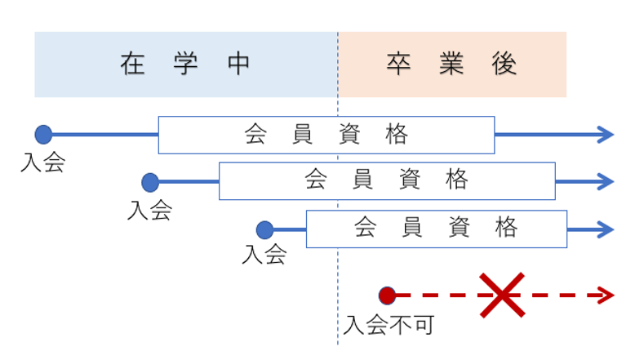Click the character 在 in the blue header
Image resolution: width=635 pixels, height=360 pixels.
pos(131,64)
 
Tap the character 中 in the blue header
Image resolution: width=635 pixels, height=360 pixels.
pos(239,64)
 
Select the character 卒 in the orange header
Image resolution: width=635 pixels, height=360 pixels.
pos(397,64)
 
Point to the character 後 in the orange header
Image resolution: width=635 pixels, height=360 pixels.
pos(505,64)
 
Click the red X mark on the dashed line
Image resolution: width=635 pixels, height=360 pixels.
pos(501,296)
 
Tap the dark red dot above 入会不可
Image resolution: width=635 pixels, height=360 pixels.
pos(387,296)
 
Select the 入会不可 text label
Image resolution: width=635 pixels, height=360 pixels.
pos(389,325)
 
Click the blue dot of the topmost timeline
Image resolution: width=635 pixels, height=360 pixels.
pos(43,135)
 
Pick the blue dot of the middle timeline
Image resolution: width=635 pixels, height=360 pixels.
pos(149,182)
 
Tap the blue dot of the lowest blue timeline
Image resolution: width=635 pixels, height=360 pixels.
pos(264,229)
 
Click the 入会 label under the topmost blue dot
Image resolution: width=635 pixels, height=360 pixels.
pos(42,162)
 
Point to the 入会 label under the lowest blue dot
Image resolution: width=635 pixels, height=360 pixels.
pos(264,255)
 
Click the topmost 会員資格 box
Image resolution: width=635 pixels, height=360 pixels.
pos(326,135)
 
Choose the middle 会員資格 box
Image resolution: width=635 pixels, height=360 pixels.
pos(387,181)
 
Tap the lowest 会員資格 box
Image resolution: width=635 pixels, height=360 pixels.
pos(436,229)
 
